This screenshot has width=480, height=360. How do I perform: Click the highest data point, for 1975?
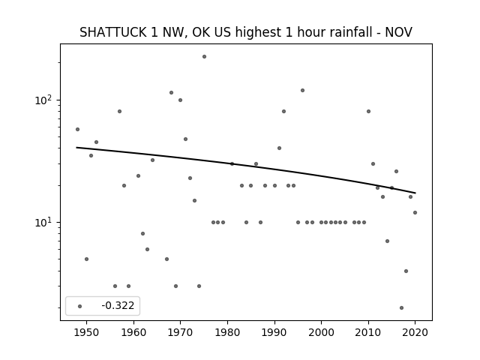click(204, 57)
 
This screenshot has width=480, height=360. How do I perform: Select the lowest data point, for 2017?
click(401, 308)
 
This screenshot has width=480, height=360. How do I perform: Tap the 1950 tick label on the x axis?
click(87, 332)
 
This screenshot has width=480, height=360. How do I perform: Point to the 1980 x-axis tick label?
click(227, 332)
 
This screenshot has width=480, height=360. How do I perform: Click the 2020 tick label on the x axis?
click(415, 332)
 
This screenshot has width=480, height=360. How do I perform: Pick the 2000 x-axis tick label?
click(322, 332)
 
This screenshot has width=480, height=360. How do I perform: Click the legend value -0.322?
click(118, 305)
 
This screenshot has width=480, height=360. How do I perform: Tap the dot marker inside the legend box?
click(79, 306)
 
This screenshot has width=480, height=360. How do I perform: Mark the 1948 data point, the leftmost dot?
click(77, 130)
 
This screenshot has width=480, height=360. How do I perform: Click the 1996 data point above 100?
click(302, 90)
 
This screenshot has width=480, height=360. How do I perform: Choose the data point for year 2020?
click(415, 212)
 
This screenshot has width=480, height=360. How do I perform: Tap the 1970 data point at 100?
click(180, 100)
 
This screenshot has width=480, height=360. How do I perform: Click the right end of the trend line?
click(415, 193)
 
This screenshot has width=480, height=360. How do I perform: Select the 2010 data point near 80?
click(368, 112)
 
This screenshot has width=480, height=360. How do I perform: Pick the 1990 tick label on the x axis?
click(274, 332)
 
